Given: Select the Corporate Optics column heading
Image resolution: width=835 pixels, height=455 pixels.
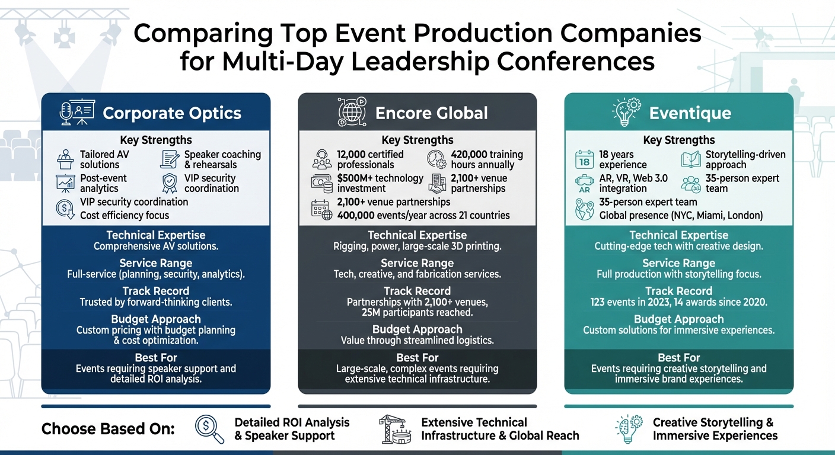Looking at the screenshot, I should (x=172, y=113).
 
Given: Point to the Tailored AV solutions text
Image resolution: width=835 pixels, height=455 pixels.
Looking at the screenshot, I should (x=104, y=159).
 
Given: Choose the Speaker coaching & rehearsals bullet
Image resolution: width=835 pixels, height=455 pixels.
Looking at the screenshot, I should (x=222, y=159).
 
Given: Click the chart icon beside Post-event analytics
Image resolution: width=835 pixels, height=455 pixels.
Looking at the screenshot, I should (x=65, y=183).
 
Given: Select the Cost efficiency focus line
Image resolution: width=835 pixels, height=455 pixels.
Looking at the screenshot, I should (x=125, y=215).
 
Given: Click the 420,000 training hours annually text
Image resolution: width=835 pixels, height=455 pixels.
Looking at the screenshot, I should (x=486, y=159).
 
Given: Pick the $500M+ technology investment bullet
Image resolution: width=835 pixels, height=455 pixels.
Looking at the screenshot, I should (x=380, y=183).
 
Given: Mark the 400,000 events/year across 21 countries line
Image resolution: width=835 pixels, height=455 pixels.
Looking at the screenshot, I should (x=423, y=215).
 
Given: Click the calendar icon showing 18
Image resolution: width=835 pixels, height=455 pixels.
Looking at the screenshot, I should (x=584, y=160).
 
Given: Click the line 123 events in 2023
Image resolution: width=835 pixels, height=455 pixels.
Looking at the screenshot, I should (x=678, y=302).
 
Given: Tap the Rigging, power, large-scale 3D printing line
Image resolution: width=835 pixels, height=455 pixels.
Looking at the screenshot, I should (x=417, y=246).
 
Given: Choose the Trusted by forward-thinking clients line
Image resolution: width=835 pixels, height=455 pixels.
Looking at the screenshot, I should (x=156, y=302).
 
